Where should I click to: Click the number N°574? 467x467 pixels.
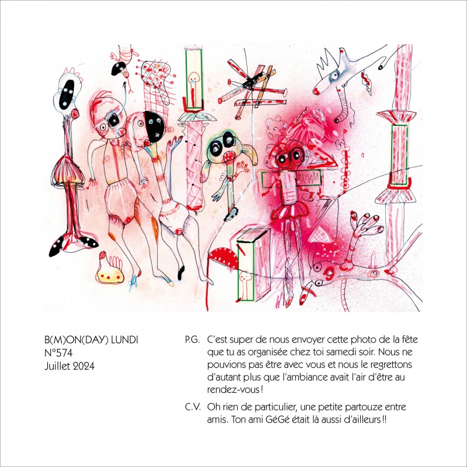(58, 353)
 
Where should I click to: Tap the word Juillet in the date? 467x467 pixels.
(57, 366)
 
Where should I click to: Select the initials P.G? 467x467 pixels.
(192, 340)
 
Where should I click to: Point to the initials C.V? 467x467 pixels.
(193, 407)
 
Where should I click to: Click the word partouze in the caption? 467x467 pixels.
(360, 407)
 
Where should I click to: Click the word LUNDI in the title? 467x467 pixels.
(124, 340)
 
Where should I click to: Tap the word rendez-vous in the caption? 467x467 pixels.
(233, 390)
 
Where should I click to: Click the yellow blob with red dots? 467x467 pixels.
(110, 272)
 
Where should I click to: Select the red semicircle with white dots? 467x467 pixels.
(223, 257)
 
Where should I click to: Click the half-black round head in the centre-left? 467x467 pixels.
(154, 126)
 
